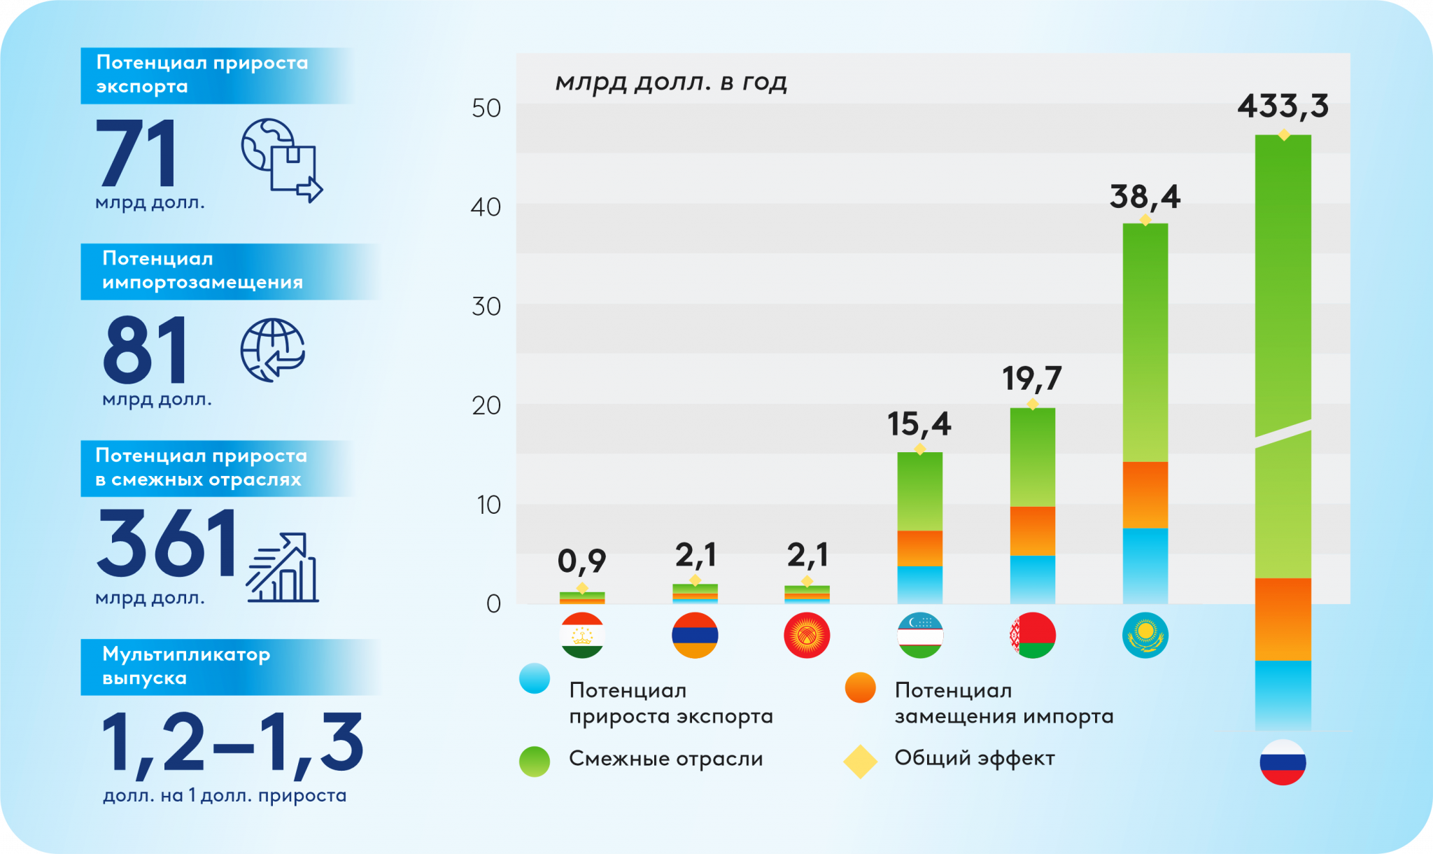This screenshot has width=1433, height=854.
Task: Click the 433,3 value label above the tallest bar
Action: [1283, 106]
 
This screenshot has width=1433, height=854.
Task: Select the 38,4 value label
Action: [1145, 197]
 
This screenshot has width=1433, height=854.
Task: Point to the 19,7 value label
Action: [1032, 379]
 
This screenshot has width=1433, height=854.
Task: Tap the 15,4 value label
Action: [919, 424]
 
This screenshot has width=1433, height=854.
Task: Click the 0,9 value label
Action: [581, 561]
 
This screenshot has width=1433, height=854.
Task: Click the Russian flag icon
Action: [1283, 762]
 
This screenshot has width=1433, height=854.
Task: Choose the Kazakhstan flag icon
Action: [1145, 636]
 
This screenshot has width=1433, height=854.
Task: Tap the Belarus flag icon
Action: [1033, 636]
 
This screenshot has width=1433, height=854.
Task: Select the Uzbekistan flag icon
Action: [920, 636]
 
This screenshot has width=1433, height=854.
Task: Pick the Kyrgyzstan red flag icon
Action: [807, 636]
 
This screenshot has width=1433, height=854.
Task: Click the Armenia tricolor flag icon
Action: [695, 636]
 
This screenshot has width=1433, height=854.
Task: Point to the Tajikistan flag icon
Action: [582, 636]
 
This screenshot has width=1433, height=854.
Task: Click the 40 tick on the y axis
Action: [486, 207]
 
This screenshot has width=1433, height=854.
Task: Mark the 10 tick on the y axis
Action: [488, 505]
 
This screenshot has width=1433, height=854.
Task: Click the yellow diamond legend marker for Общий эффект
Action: [860, 762]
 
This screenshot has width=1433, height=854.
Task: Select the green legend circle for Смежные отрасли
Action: [535, 762]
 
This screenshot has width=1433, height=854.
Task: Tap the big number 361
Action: [167, 542]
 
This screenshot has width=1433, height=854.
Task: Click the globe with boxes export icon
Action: [281, 160]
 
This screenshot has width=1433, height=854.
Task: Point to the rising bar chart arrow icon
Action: [282, 568]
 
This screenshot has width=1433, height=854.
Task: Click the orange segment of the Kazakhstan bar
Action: [1145, 495]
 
